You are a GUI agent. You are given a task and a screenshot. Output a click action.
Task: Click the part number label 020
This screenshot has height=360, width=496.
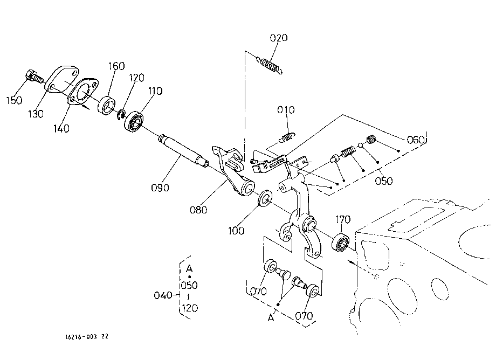pyautogui.click(x=279, y=38)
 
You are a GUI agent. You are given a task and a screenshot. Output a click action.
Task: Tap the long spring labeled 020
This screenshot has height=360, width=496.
pyautogui.click(x=270, y=65)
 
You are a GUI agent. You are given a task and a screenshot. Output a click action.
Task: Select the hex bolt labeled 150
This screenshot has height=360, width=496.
pyautogui.click(x=33, y=76)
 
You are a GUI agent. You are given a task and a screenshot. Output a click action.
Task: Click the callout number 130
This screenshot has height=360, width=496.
pyautogui.click(x=36, y=114)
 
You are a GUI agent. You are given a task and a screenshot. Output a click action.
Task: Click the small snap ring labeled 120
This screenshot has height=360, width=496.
pyautogui.click(x=121, y=115)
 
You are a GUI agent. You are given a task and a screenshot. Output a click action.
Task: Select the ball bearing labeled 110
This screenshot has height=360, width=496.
pyautogui.click(x=134, y=121)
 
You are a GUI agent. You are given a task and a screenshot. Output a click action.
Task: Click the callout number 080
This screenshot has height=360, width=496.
pyautogui.click(x=198, y=210)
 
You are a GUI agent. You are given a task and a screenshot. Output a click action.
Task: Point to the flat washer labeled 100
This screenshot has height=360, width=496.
pyautogui.click(x=265, y=198)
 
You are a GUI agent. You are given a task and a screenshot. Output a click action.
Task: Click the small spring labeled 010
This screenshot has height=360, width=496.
pyautogui.click(x=287, y=137)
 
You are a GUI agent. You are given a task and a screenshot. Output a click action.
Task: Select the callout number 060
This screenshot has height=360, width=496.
pyautogui.click(x=415, y=140)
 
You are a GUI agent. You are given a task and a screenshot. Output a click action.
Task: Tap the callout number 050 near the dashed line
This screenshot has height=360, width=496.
pyautogui.click(x=384, y=181)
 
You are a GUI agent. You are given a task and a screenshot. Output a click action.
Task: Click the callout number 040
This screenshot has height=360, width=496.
pyautogui.click(x=163, y=295)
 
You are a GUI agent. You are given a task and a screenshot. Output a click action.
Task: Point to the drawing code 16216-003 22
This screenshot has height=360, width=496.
pyautogui.click(x=87, y=337)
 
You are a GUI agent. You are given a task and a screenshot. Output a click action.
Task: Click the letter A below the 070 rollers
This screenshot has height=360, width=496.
pyautogui.click(x=271, y=317)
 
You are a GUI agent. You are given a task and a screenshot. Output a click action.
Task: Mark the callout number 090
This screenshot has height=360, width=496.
pyautogui.click(x=160, y=188)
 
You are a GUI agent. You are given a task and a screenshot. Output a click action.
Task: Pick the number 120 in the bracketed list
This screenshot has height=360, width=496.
pyautogui.click(x=190, y=308)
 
